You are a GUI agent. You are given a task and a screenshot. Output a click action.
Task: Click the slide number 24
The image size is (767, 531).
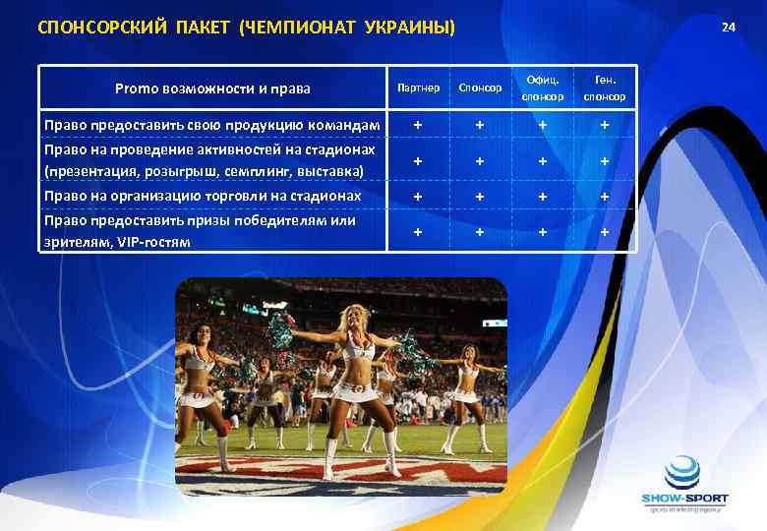[728, 27]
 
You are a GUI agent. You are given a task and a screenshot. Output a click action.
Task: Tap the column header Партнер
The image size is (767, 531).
[418, 88]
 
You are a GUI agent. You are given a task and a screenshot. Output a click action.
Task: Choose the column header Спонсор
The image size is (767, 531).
[480, 88]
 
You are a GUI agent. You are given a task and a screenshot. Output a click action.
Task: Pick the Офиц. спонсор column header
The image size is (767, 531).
[542, 88]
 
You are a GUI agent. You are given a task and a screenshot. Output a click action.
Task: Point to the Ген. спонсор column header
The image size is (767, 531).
[604, 88]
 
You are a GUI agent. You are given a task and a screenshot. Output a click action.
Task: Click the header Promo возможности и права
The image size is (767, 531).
[211, 88]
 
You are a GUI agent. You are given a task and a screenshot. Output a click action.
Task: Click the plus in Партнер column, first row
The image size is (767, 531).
[418, 125]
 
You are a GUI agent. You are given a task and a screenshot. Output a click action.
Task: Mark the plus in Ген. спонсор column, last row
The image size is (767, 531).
[605, 232]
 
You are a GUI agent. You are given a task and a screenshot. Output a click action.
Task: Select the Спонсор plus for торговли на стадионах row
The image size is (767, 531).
[480, 197]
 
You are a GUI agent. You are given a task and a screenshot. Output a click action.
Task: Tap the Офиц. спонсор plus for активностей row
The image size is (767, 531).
[542, 161]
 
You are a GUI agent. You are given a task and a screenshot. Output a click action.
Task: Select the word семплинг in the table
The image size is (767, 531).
[276, 172]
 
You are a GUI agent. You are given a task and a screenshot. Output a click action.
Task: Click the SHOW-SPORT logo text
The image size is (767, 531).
[684, 499]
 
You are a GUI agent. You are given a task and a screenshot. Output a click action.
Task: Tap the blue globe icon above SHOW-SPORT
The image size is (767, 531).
[684, 473]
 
